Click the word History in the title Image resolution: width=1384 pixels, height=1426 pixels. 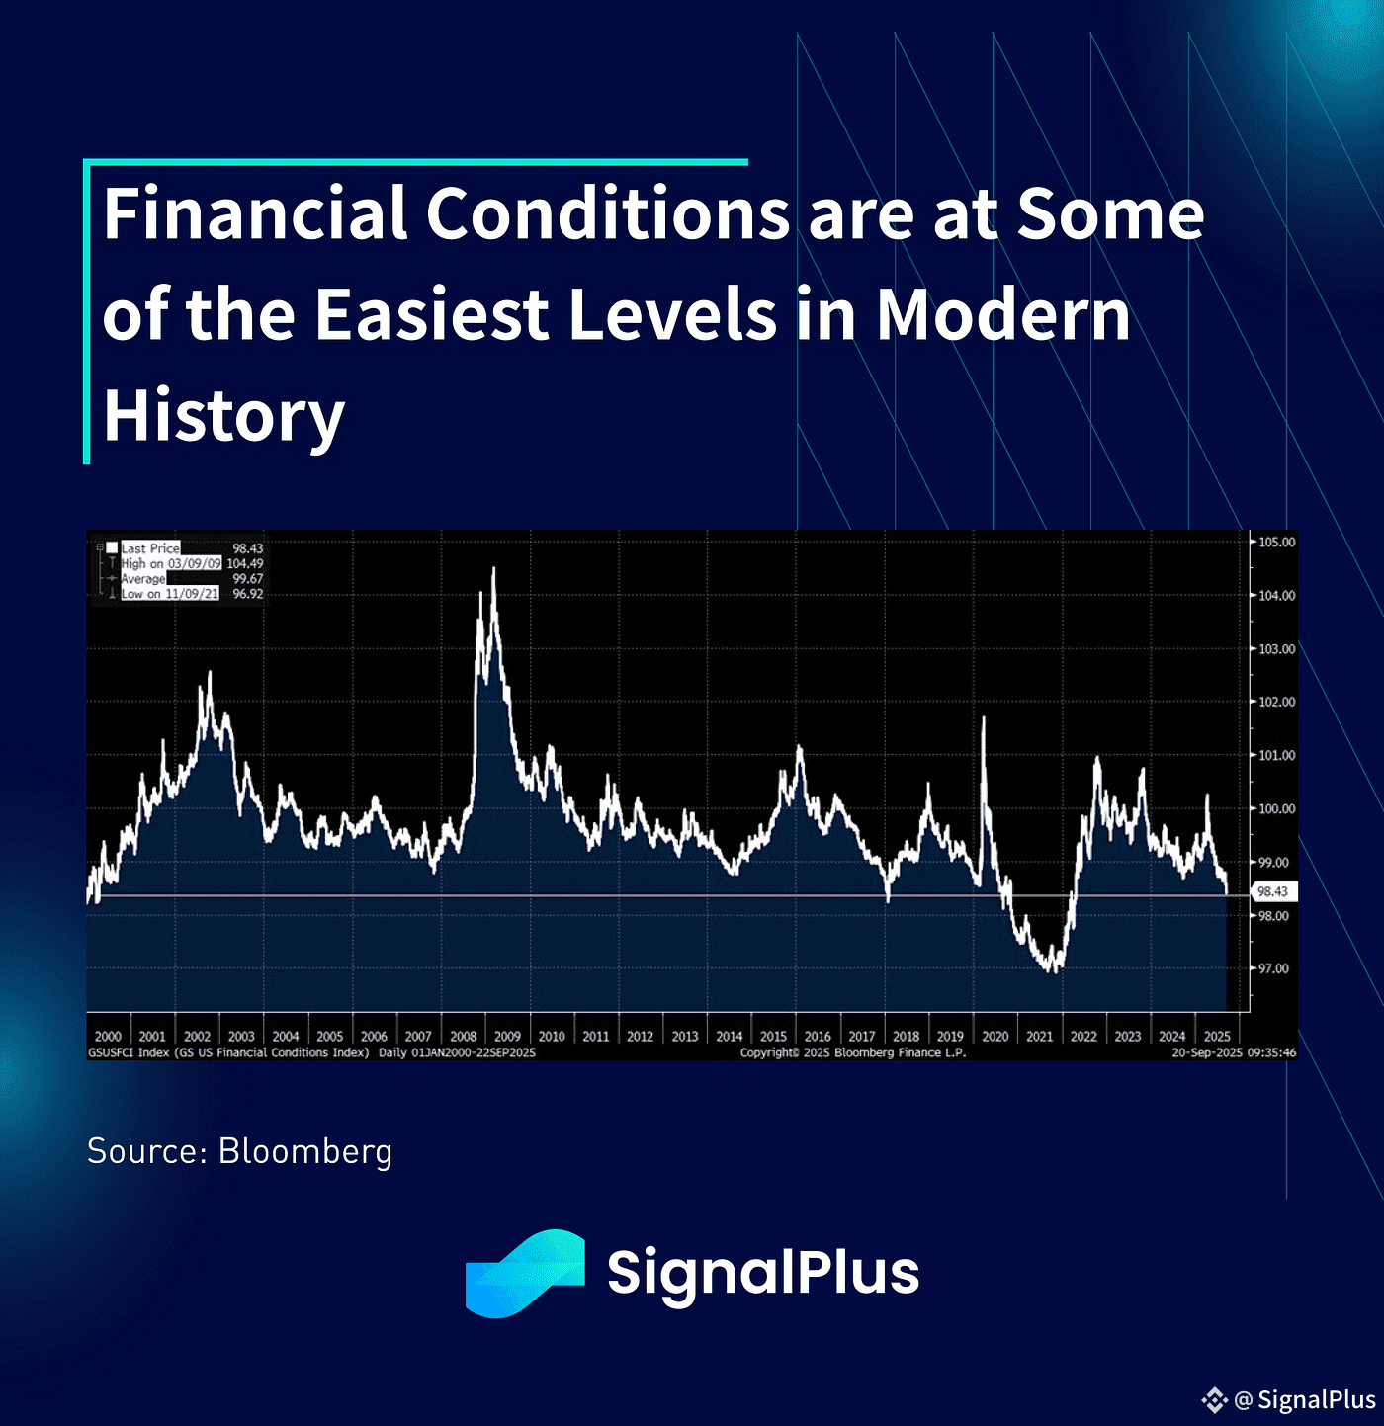pos(223,415)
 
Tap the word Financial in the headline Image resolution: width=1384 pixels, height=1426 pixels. pos(255,213)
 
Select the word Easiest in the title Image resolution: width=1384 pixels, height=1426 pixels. pos(432,314)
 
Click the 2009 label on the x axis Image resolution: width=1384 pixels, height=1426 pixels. pos(507,1037)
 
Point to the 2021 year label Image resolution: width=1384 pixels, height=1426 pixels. pos(1039,1037)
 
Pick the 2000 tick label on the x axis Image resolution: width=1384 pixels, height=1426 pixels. pos(108,1037)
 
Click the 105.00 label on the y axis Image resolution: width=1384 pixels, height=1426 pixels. pos(1277,543)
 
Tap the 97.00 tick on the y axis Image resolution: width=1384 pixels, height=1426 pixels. pos(1274,968)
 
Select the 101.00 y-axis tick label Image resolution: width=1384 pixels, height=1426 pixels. pos(1277,755)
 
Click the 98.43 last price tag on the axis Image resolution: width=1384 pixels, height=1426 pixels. pos(1272,891)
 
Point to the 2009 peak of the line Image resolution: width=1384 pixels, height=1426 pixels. pos(493,568)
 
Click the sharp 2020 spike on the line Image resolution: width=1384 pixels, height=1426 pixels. pos(983,718)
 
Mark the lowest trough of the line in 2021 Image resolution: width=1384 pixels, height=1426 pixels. pos(1054,971)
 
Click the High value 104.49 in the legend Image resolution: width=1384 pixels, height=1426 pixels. pos(245,563)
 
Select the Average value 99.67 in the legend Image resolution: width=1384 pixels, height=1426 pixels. pos(248,579)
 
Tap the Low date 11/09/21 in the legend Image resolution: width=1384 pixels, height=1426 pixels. pos(192,594)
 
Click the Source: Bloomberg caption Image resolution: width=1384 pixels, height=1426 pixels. pos(239,1151)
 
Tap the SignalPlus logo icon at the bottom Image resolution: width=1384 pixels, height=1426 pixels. pos(526,1273)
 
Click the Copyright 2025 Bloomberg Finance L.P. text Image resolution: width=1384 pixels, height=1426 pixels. pos(852,1053)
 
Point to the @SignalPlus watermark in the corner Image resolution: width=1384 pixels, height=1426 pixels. pos(1290,1399)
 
